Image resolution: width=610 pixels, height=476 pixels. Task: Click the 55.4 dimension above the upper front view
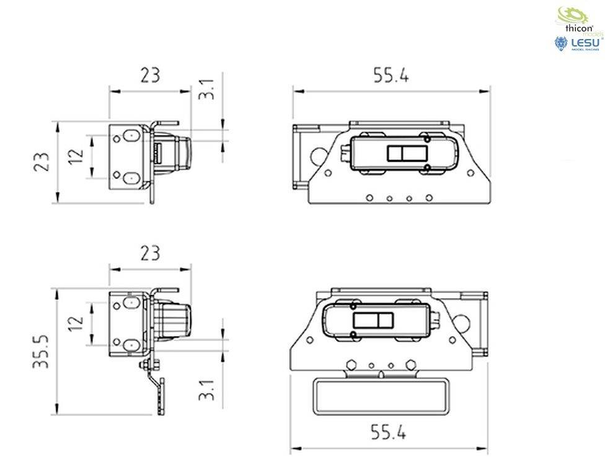391,76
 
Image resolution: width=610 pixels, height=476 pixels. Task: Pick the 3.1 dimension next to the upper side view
208,89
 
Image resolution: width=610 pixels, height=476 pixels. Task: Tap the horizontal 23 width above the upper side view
149,76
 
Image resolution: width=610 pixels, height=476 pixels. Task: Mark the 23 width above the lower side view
149,253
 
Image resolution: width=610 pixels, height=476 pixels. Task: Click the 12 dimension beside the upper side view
76,156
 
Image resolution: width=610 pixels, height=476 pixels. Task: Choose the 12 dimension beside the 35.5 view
76,323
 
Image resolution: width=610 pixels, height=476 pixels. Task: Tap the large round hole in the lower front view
462,322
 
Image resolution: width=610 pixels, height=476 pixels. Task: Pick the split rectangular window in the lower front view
373,320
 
